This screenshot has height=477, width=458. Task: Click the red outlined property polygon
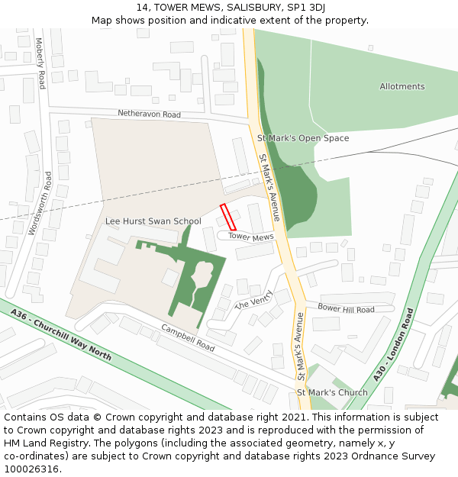[228, 217]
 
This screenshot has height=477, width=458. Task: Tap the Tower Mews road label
[251, 237]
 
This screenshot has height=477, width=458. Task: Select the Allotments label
[402, 86]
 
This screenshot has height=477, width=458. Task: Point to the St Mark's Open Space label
[303, 138]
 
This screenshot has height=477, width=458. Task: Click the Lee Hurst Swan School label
[153, 221]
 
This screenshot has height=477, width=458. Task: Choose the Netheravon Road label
[149, 114]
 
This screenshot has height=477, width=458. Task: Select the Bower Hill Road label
[346, 309]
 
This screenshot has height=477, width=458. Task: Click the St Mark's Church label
[332, 392]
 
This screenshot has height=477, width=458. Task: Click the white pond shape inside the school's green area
[204, 275]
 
